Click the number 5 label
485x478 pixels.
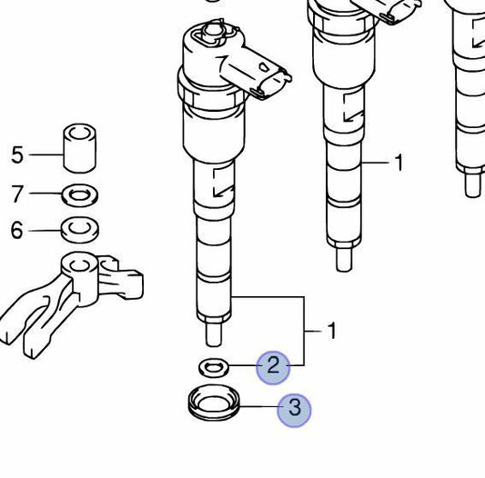click(x=17, y=154)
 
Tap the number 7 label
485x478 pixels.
click(x=17, y=194)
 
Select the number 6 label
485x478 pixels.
click(x=17, y=231)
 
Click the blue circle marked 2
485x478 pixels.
click(x=273, y=366)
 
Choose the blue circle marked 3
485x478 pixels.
click(x=294, y=410)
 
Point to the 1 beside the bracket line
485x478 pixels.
click(x=332, y=331)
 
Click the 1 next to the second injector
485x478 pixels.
click(x=399, y=164)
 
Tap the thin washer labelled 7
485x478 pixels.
click(x=80, y=194)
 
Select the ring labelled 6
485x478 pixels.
click(x=79, y=229)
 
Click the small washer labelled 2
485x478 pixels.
click(x=215, y=366)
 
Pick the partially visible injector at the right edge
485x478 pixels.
click(x=471, y=100)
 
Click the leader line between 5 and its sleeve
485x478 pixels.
click(x=45, y=154)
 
